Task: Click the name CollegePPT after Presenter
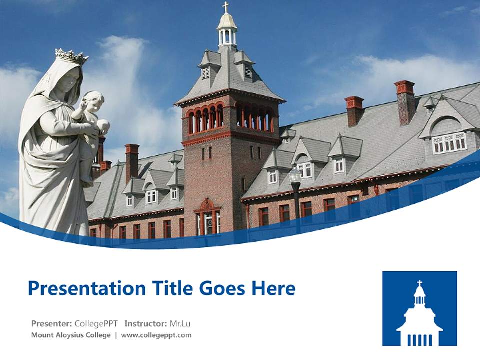coord(96,323)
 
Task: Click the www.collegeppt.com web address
coord(156,335)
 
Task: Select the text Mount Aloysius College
coord(71,335)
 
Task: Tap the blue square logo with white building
coord(419,308)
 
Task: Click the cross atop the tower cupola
coord(226,7)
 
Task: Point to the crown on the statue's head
coord(71,56)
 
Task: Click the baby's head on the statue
coord(94,100)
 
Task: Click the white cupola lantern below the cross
coord(227,33)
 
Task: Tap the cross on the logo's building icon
coord(420,283)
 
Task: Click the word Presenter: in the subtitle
coord(51,323)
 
